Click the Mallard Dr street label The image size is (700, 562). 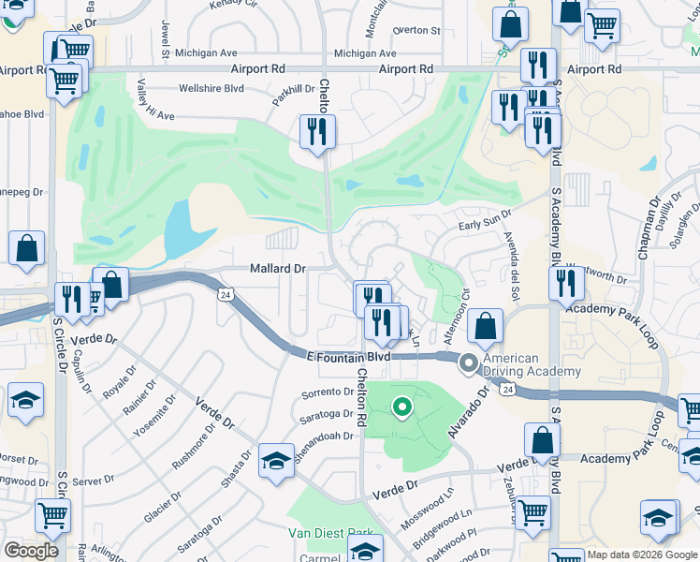coord(278,269)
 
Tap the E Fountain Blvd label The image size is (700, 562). coord(347,357)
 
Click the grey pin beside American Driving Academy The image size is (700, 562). coord(469,363)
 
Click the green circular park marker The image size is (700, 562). coord(402,407)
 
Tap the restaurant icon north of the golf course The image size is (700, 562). coord(317,131)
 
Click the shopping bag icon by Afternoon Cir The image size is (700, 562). coord(485,327)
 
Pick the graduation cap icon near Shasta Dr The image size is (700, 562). coord(275,460)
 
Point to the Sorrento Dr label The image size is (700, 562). coord(327,393)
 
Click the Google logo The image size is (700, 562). coord(32,550)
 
